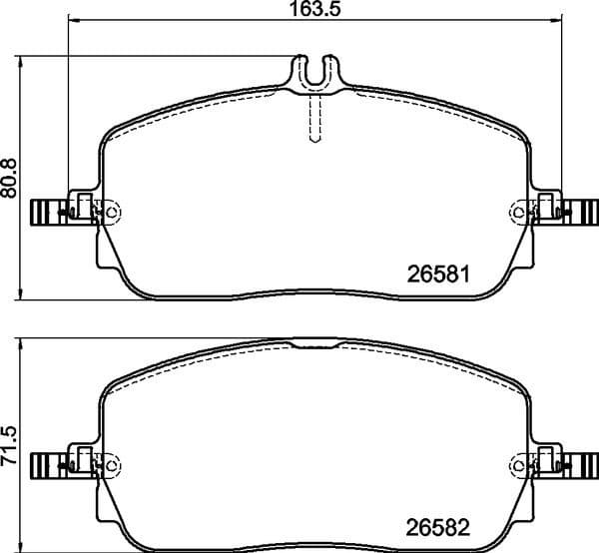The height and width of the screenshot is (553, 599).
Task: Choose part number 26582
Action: (439, 525)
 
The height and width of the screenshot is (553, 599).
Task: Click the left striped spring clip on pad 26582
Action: (48, 464)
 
